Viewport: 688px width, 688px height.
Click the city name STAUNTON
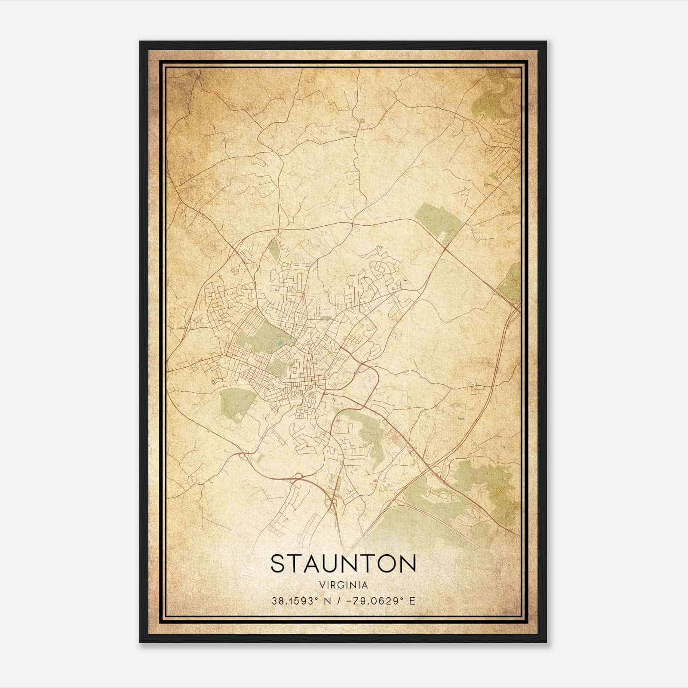tap(343, 564)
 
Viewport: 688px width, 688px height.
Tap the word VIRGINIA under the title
tap(343, 585)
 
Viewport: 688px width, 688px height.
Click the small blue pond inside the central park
tap(280, 344)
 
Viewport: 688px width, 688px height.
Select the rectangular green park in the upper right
tap(439, 221)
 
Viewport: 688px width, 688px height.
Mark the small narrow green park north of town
tap(273, 249)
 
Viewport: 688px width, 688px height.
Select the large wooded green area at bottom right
tap(482, 486)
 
